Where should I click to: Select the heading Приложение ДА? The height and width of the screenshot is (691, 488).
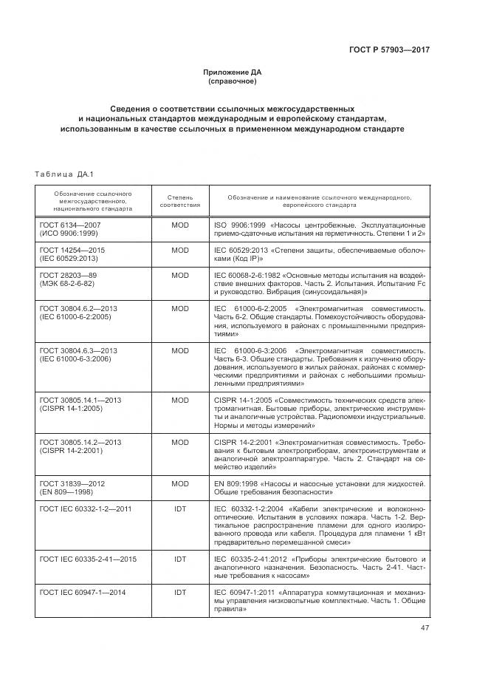[233, 72]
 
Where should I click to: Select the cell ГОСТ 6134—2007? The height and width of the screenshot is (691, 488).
[69, 224]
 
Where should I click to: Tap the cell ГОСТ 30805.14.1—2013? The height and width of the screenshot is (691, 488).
[80, 400]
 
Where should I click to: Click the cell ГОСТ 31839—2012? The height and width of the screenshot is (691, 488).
[72, 483]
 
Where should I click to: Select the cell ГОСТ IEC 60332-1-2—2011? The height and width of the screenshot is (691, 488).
[86, 509]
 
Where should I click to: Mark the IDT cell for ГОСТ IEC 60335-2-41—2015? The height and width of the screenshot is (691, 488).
[180, 559]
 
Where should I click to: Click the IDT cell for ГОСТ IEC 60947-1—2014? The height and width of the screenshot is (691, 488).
[180, 593]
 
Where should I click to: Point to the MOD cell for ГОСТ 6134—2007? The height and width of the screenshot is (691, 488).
[180, 224]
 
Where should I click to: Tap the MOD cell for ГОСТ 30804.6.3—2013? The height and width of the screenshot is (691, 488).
[180, 350]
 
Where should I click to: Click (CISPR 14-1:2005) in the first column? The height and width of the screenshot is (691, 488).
[71, 408]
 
